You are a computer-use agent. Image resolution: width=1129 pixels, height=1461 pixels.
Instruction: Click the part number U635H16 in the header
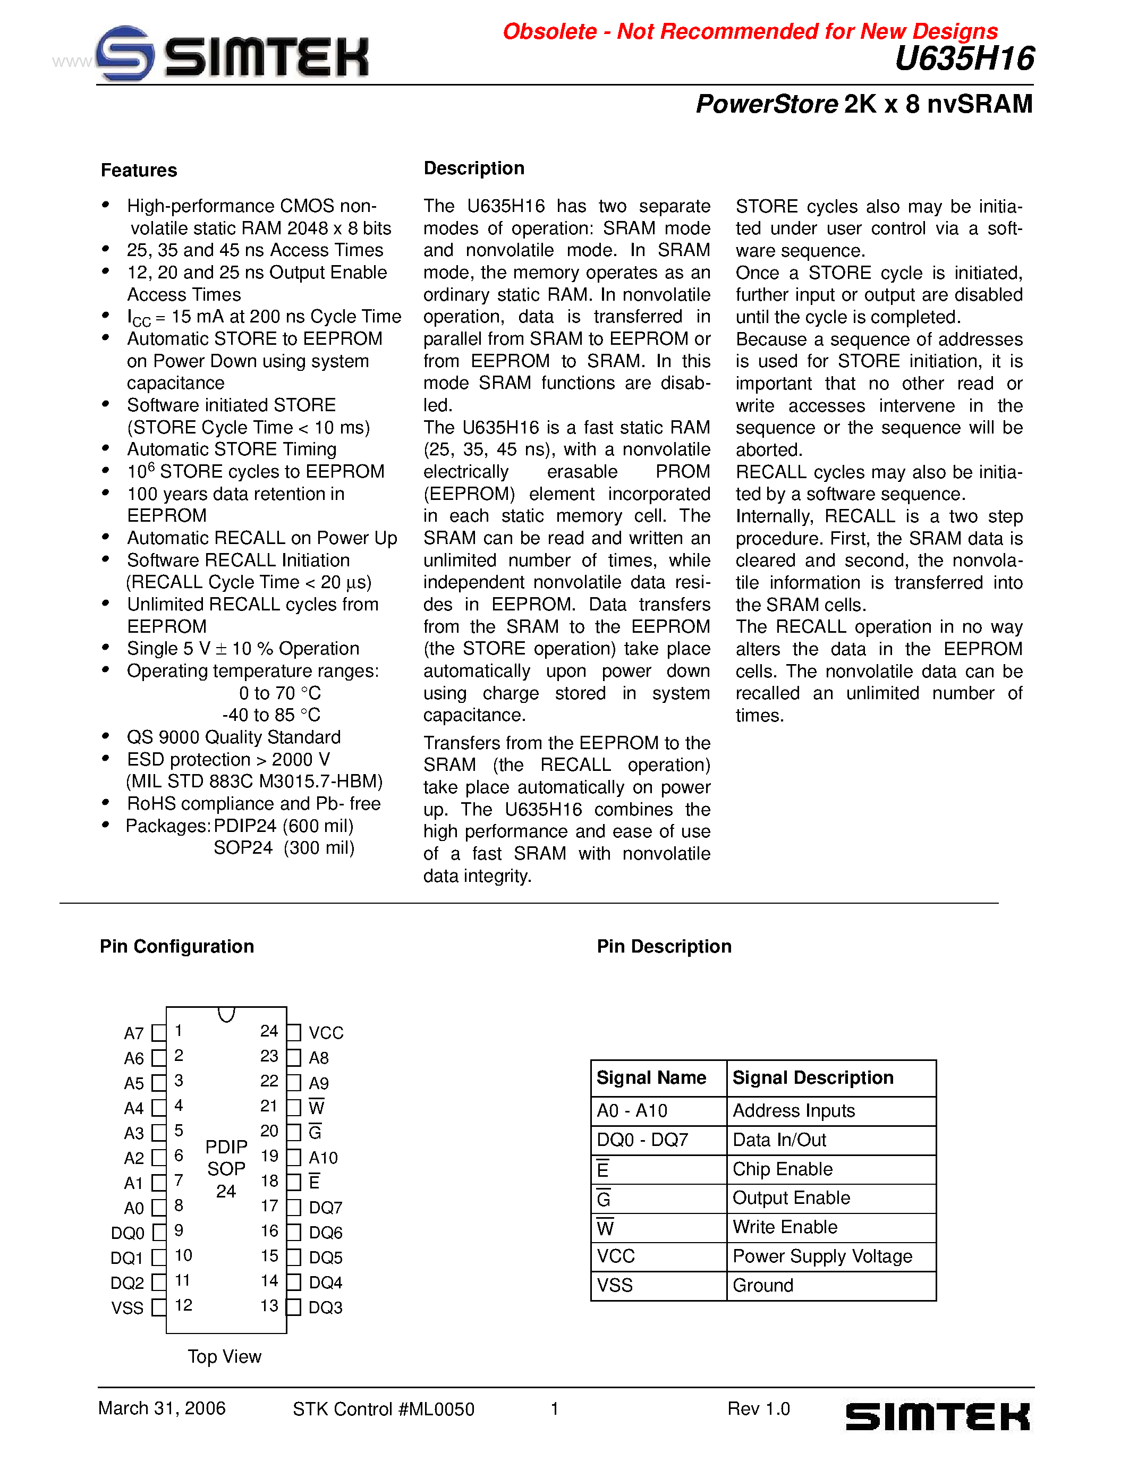[x=964, y=59]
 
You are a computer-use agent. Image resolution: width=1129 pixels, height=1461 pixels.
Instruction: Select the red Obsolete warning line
[x=749, y=31]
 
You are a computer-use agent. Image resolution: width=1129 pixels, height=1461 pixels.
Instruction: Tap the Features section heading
[x=139, y=171]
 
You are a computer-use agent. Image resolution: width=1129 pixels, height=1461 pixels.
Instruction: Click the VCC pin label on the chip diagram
[x=326, y=1033]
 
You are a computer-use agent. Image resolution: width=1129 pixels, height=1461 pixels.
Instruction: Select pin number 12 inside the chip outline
[x=183, y=1305]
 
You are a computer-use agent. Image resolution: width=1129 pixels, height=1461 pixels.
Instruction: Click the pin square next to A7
[x=158, y=1033]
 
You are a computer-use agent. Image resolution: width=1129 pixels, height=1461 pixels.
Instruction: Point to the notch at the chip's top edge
[x=227, y=1014]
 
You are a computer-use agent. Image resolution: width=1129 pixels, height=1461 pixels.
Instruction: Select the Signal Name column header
[x=651, y=1078]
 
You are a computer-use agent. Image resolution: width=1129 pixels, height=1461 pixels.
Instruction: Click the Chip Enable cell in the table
[x=783, y=1169]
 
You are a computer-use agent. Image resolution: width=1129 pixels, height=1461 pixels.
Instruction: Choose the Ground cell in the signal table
[x=763, y=1286]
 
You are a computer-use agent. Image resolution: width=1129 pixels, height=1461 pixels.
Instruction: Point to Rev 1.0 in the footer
[x=759, y=1409]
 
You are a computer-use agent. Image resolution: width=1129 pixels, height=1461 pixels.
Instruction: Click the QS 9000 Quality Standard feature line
[x=233, y=737]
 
